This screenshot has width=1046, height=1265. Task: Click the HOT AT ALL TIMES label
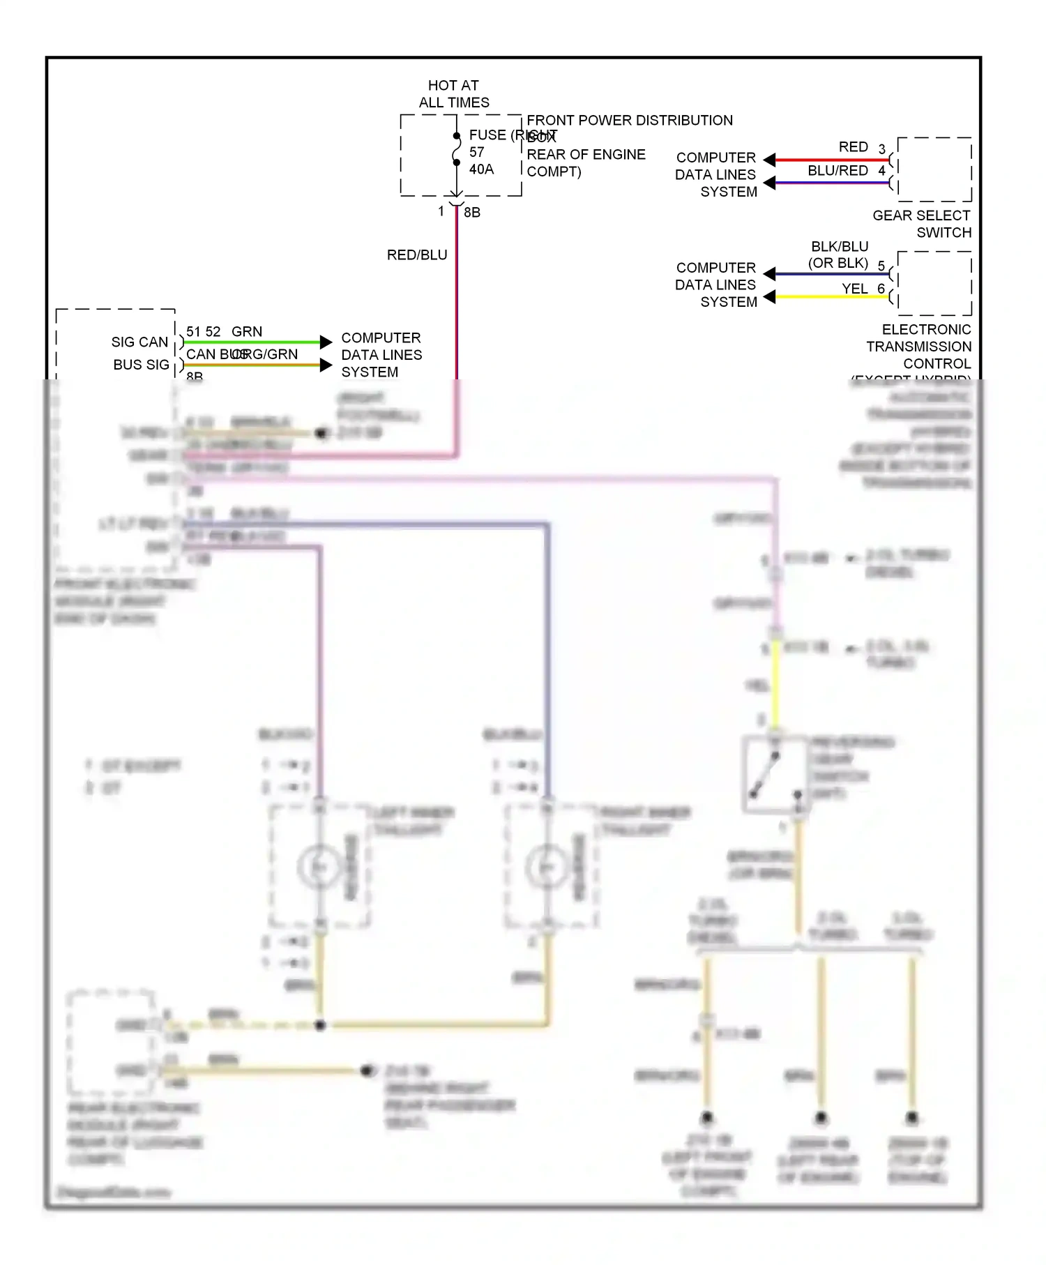[x=453, y=93]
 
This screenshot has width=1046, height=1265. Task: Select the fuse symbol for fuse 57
[x=456, y=149]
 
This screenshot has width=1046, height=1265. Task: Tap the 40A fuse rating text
[x=481, y=169]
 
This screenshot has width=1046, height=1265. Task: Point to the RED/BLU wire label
[x=417, y=255]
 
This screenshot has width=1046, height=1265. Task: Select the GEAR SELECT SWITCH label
[x=922, y=224]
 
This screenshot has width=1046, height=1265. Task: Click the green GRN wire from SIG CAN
[x=251, y=342]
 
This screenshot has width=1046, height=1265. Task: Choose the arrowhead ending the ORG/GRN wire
[x=326, y=365]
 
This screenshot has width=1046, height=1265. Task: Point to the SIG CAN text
[x=139, y=342]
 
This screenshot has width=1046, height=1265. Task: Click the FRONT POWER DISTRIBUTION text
[x=629, y=120]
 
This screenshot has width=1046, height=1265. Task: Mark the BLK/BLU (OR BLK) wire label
[x=839, y=255]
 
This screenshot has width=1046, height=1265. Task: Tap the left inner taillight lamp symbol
[x=319, y=866]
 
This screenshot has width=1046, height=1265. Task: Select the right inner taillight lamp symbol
[x=547, y=866]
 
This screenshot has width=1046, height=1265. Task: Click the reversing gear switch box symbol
[x=775, y=775]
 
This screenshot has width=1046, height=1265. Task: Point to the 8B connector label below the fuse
[x=472, y=212]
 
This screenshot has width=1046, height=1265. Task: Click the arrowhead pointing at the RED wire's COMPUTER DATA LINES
[x=770, y=160]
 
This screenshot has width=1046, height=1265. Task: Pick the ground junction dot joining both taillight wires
[x=320, y=1025]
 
